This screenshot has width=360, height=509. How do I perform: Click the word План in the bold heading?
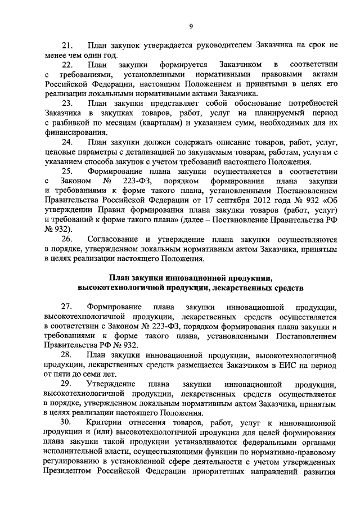pyautogui.click(x=119, y=278)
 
